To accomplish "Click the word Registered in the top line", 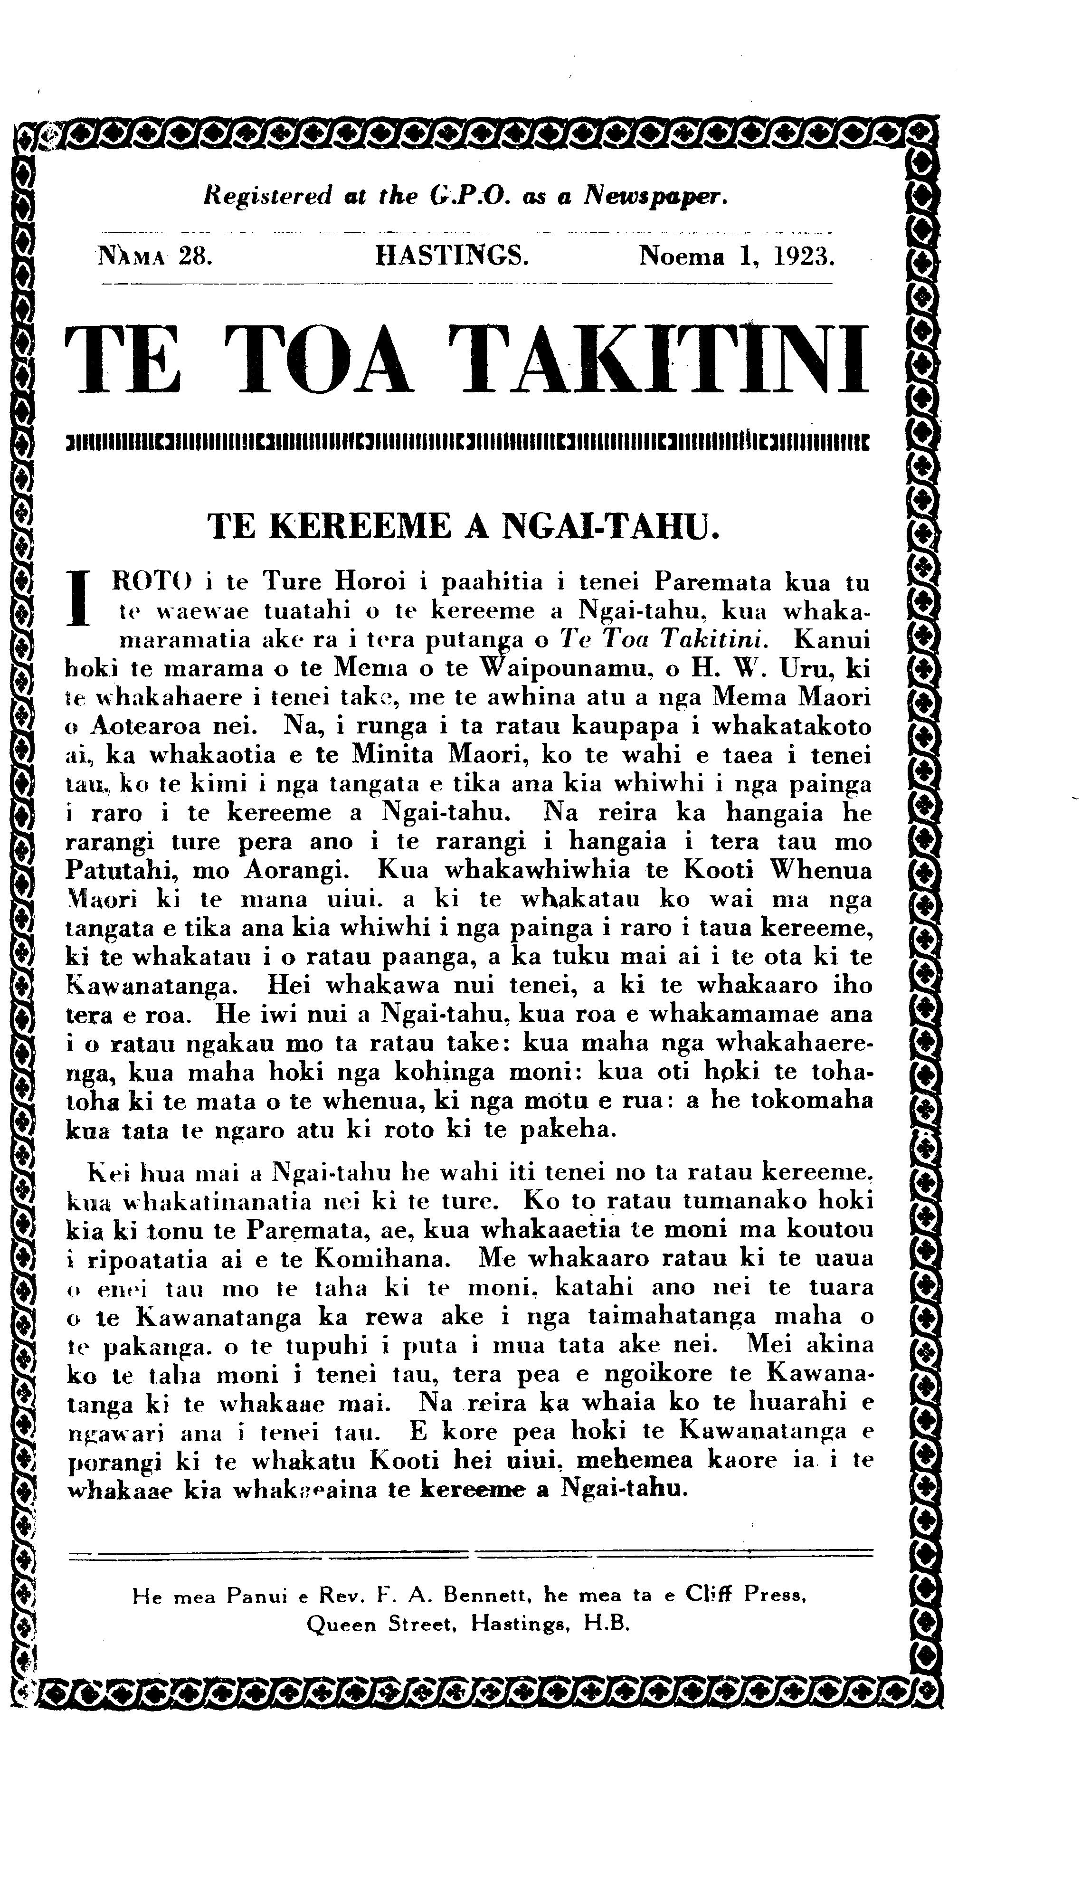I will (267, 196).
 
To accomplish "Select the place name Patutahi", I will (117, 870).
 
